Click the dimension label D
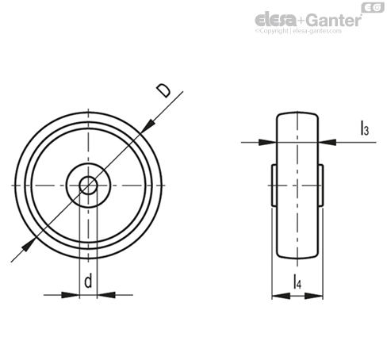(x=163, y=90)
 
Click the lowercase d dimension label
(x=88, y=281)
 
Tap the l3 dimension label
(x=365, y=128)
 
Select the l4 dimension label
(x=297, y=281)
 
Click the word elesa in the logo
(x=276, y=19)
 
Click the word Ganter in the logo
(x=334, y=20)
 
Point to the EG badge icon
(x=373, y=7)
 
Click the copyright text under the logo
(x=298, y=31)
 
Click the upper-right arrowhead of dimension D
(x=148, y=126)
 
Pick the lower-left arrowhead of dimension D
(x=29, y=244)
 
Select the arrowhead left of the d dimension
(x=71, y=295)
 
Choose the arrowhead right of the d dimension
(x=106, y=295)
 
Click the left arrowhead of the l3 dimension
(x=267, y=143)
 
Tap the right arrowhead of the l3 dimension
(x=328, y=143)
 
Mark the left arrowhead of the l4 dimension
(x=281, y=296)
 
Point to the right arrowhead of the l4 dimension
(x=314, y=296)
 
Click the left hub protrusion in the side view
(x=274, y=185)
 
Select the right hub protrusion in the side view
(x=320, y=185)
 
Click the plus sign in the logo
(x=302, y=21)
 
